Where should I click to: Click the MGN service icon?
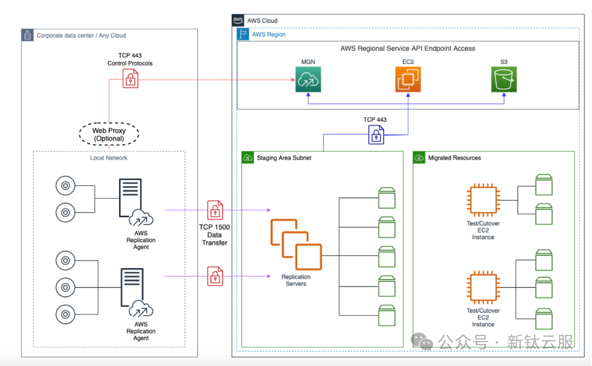tap(309, 80)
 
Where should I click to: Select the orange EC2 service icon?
tap(408, 80)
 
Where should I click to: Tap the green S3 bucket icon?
tap(503, 80)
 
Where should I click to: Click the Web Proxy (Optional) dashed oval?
tap(108, 134)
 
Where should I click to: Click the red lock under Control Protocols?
tap(130, 78)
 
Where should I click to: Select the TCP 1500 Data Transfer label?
tap(215, 235)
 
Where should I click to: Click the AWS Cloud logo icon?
tap(238, 20)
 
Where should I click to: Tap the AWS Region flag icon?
tap(243, 34)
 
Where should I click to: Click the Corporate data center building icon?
tap(28, 35)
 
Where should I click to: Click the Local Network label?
tap(108, 158)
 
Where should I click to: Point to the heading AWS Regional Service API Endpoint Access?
tap(408, 48)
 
